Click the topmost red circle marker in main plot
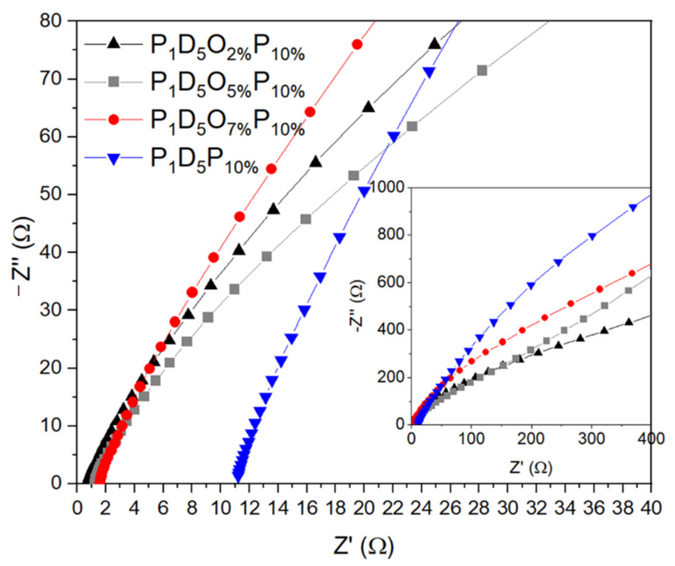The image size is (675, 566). (357, 44)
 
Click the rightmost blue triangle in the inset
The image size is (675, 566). (633, 208)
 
